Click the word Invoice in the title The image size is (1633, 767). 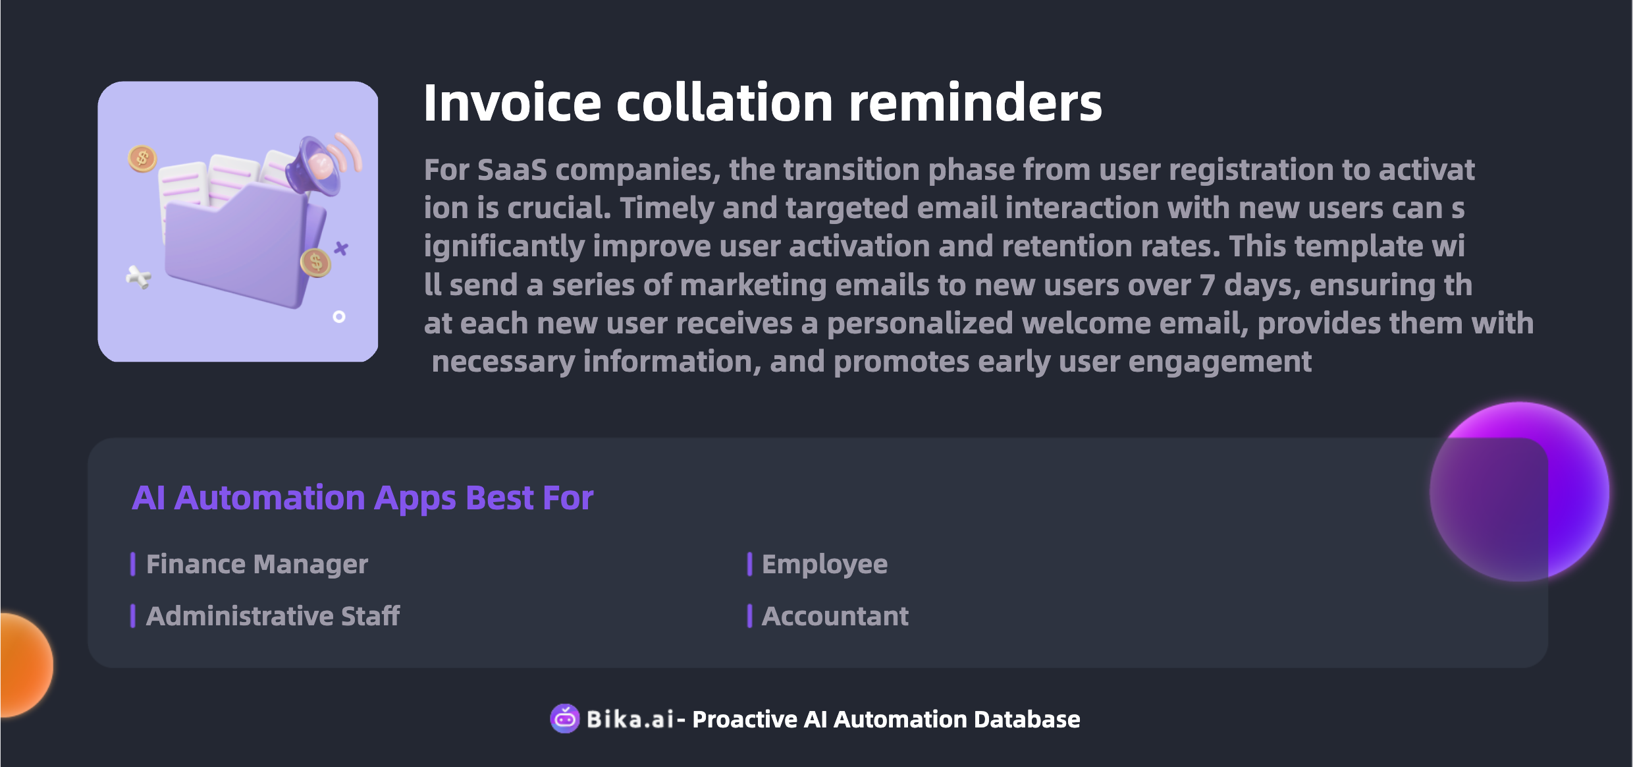tap(512, 103)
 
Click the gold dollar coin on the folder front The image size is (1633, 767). tap(315, 262)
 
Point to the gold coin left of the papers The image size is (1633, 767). tap(142, 158)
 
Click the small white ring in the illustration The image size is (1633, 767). tap(339, 317)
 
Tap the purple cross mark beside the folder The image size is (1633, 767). tap(341, 248)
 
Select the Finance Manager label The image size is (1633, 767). tap(257, 564)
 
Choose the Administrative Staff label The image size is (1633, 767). tap(273, 616)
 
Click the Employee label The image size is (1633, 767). tap(824, 565)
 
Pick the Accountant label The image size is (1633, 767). tap(835, 616)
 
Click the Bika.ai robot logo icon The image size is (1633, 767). tap(565, 718)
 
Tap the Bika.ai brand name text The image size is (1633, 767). tap(630, 719)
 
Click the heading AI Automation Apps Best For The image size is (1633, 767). tap(363, 498)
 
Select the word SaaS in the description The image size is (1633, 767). tap(512, 170)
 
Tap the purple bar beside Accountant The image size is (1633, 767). tap(749, 616)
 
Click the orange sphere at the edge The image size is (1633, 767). tap(26, 665)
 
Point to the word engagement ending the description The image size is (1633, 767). tap(1219, 362)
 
